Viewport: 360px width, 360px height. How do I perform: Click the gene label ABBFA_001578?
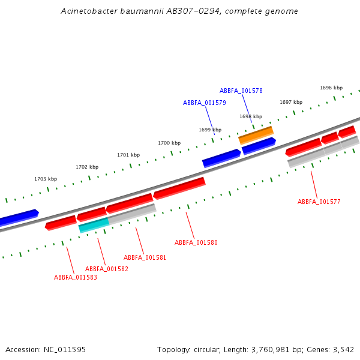point(241,91)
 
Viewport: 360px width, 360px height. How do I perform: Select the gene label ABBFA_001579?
point(204,103)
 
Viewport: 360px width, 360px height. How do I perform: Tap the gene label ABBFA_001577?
point(319,202)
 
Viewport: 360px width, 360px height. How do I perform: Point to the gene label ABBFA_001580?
point(196,242)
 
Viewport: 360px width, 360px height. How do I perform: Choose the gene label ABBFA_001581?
point(145,257)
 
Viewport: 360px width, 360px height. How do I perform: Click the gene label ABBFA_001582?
point(106,269)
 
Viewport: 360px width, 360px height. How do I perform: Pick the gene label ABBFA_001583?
point(75,277)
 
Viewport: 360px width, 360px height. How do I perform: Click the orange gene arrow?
point(256,135)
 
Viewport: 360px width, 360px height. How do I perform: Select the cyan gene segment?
point(94,224)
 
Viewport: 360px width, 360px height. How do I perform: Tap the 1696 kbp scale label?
point(331,88)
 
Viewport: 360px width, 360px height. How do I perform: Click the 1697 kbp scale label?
point(291,102)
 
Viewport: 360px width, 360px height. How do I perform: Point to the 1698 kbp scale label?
point(251,116)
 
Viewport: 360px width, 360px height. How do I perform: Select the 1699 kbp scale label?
point(210,130)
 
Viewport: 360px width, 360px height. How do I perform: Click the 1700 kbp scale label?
point(169,143)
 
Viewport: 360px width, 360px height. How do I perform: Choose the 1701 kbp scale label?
point(128,155)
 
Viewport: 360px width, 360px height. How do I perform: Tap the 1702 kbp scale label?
point(87,167)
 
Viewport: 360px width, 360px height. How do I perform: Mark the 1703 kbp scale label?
point(46,179)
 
